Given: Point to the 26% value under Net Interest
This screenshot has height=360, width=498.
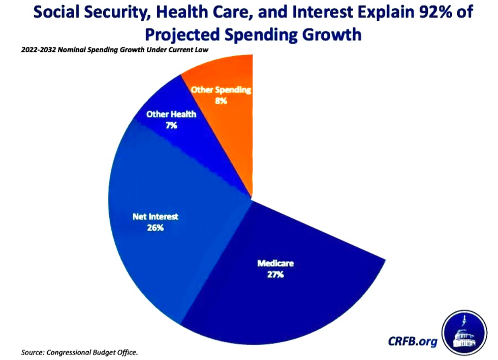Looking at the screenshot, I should [156, 228].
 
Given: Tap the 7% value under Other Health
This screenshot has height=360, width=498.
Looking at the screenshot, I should [171, 125].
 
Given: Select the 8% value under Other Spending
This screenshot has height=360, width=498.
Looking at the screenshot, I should [221, 101].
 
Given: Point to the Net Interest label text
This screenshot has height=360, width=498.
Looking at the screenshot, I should [156, 217].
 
